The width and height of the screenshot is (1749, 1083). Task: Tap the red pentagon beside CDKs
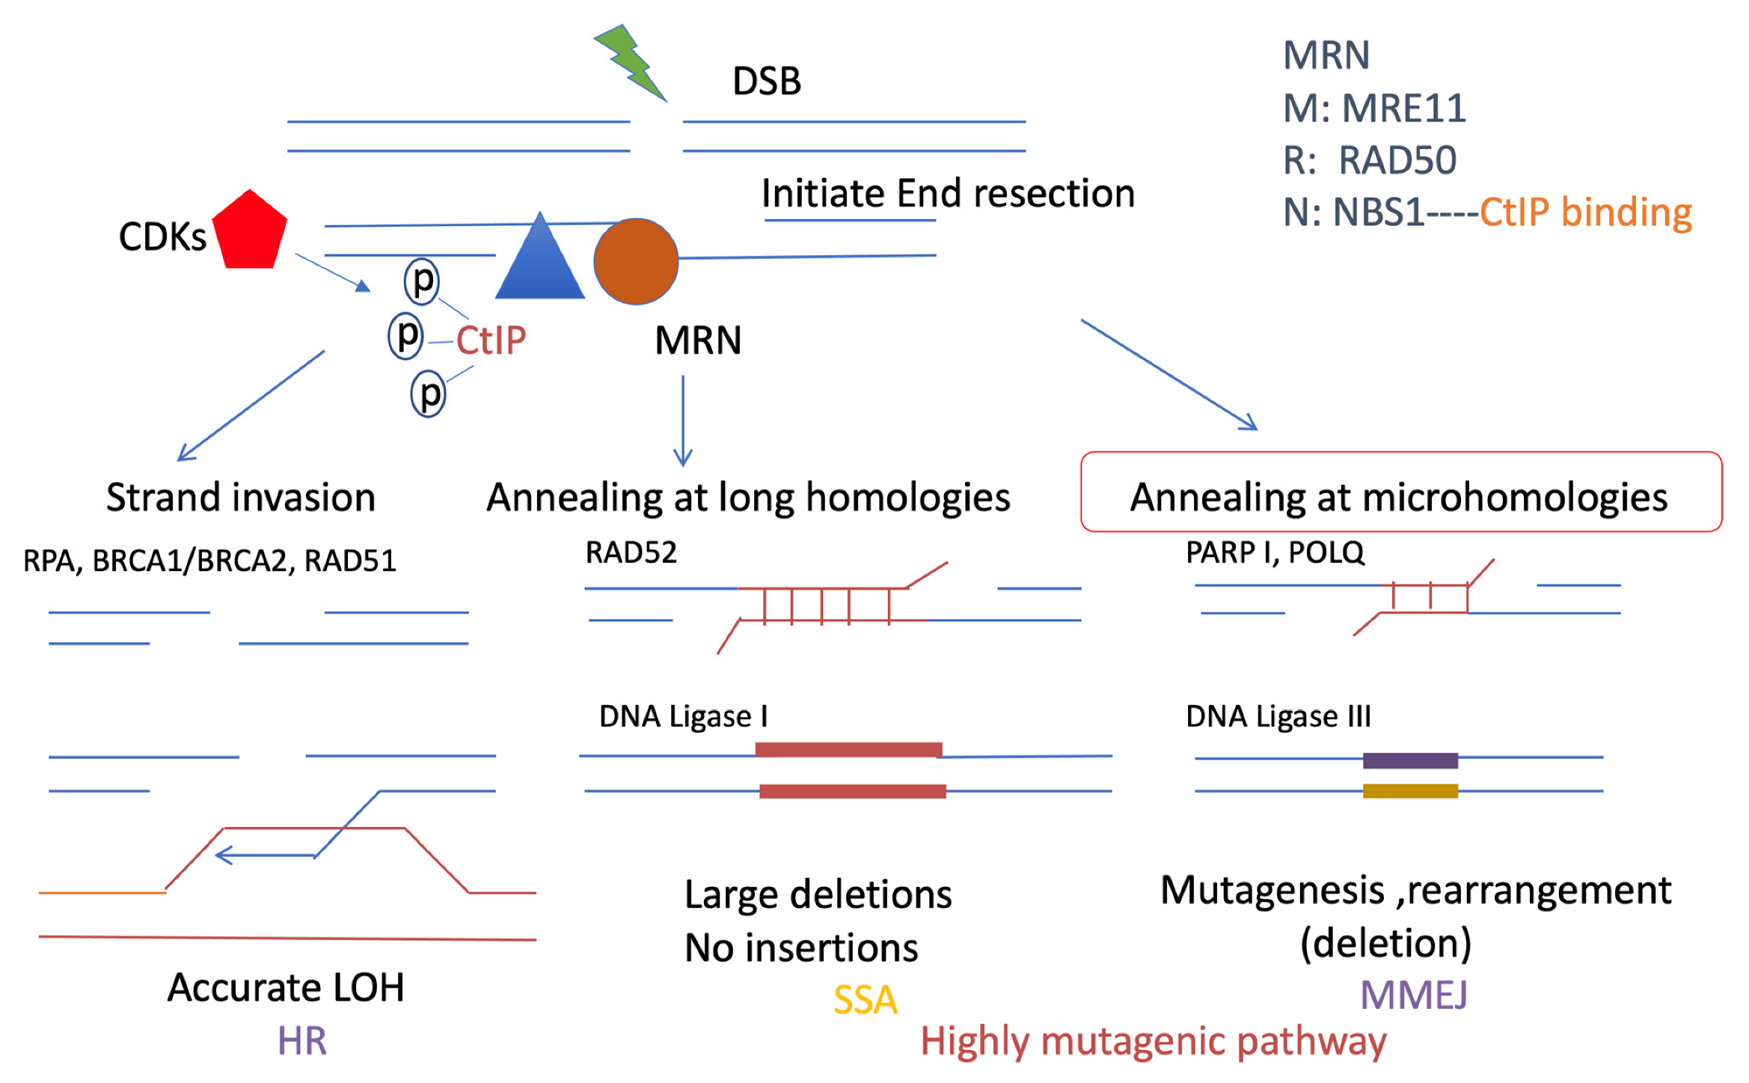pyautogui.click(x=249, y=231)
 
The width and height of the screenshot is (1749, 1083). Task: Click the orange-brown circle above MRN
pyautogui.click(x=636, y=261)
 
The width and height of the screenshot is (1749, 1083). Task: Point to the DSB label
pyautogui.click(x=766, y=81)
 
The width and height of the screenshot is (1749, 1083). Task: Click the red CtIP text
pyautogui.click(x=491, y=341)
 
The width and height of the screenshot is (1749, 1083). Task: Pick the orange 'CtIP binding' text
pyautogui.click(x=1585, y=213)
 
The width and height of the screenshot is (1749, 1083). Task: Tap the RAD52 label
pyautogui.click(x=631, y=553)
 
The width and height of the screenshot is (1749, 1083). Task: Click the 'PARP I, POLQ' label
pyautogui.click(x=1275, y=553)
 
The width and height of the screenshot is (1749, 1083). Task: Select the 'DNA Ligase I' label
pyautogui.click(x=683, y=717)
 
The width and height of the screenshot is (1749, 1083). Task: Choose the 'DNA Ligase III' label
pyautogui.click(x=1278, y=717)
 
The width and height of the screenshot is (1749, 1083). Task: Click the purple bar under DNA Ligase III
pyautogui.click(x=1410, y=760)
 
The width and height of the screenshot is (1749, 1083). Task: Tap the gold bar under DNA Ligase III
pyautogui.click(x=1410, y=791)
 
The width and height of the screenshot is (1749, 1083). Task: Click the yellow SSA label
pyautogui.click(x=865, y=1000)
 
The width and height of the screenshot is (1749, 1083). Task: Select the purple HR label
pyautogui.click(x=301, y=1041)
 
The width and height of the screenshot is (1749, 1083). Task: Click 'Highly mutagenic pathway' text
pyautogui.click(x=1153, y=1041)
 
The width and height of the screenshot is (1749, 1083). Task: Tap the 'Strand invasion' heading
pyautogui.click(x=240, y=498)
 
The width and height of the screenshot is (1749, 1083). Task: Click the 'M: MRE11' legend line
pyautogui.click(x=1374, y=109)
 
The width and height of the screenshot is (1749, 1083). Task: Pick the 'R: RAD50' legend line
pyautogui.click(x=1370, y=160)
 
